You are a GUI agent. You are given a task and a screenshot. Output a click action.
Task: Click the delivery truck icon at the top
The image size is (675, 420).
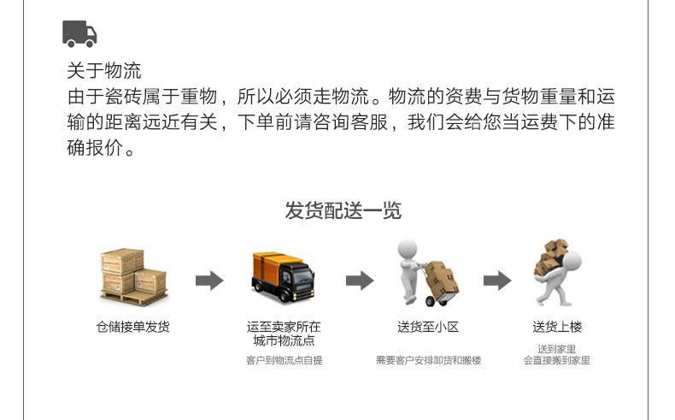tap(79, 33)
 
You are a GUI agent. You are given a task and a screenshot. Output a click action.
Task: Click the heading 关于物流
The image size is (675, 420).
tap(104, 70)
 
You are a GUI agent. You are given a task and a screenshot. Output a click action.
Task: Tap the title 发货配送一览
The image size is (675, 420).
tap(343, 210)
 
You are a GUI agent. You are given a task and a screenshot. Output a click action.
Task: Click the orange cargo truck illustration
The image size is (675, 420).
tap(283, 275)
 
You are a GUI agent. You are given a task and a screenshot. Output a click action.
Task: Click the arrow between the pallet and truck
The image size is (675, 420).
tap(208, 281)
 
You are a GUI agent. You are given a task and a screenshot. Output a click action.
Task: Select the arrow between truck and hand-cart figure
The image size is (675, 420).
tap(359, 281)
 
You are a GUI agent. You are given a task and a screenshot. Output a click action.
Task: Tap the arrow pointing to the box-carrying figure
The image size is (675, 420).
tap(497, 281)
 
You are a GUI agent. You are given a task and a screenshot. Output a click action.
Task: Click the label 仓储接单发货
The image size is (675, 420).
tap(132, 327)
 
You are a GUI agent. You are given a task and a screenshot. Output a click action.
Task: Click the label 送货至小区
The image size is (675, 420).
tap(428, 327)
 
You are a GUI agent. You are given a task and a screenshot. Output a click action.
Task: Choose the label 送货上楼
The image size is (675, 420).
tap(557, 327)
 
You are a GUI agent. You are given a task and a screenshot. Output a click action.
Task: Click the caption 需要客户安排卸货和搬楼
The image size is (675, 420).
tap(428, 360)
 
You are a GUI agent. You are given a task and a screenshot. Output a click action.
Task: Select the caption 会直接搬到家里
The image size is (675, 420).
tap(557, 360)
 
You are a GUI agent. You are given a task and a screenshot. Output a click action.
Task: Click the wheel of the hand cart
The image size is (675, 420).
tap(431, 300)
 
